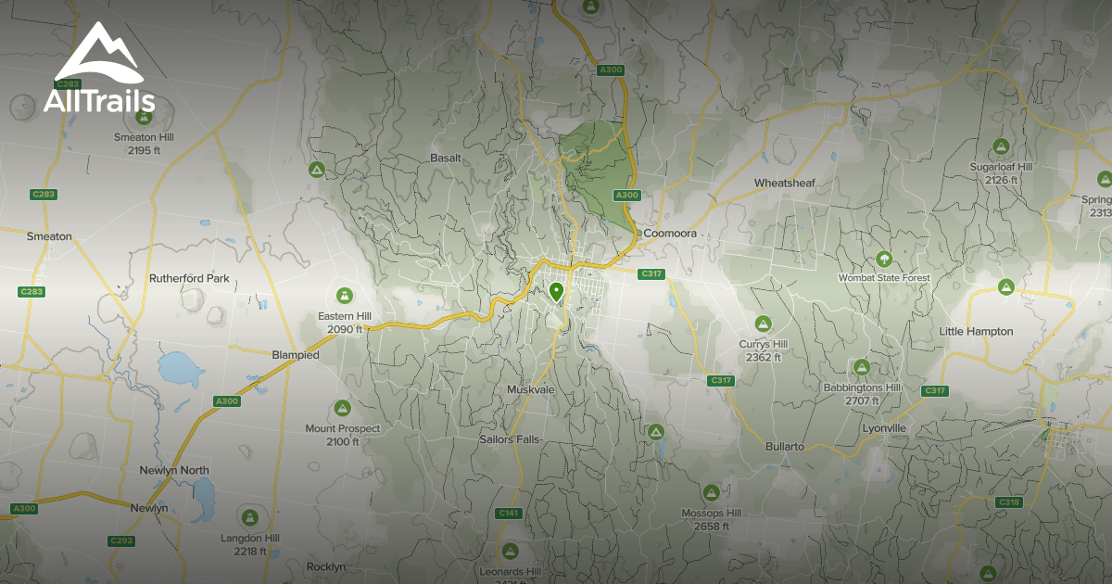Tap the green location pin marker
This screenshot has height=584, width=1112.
click(x=556, y=293)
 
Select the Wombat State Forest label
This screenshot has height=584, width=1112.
click(x=883, y=277)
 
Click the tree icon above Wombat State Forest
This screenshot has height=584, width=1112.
click(x=883, y=259)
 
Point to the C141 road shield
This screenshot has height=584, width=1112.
click(x=509, y=513)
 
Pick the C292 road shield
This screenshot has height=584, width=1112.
click(x=121, y=540)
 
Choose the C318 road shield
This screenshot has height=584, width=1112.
click(x=1008, y=501)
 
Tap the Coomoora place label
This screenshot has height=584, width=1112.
click(x=669, y=234)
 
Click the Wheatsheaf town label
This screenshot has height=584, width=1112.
click(x=784, y=183)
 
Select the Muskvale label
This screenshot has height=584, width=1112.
click(x=530, y=389)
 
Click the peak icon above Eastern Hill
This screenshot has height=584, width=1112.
click(x=345, y=297)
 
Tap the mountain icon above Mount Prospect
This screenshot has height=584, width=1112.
click(x=342, y=408)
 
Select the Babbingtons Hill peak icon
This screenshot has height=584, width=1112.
click(x=861, y=367)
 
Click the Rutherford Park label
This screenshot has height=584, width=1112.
click(x=189, y=278)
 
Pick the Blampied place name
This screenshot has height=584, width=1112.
click(x=296, y=355)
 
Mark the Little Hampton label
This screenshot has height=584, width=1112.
click(x=976, y=331)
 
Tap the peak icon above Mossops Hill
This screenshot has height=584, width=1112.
click(x=711, y=492)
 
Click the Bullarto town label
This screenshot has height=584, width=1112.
click(x=784, y=446)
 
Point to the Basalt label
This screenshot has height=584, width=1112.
click(x=446, y=158)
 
